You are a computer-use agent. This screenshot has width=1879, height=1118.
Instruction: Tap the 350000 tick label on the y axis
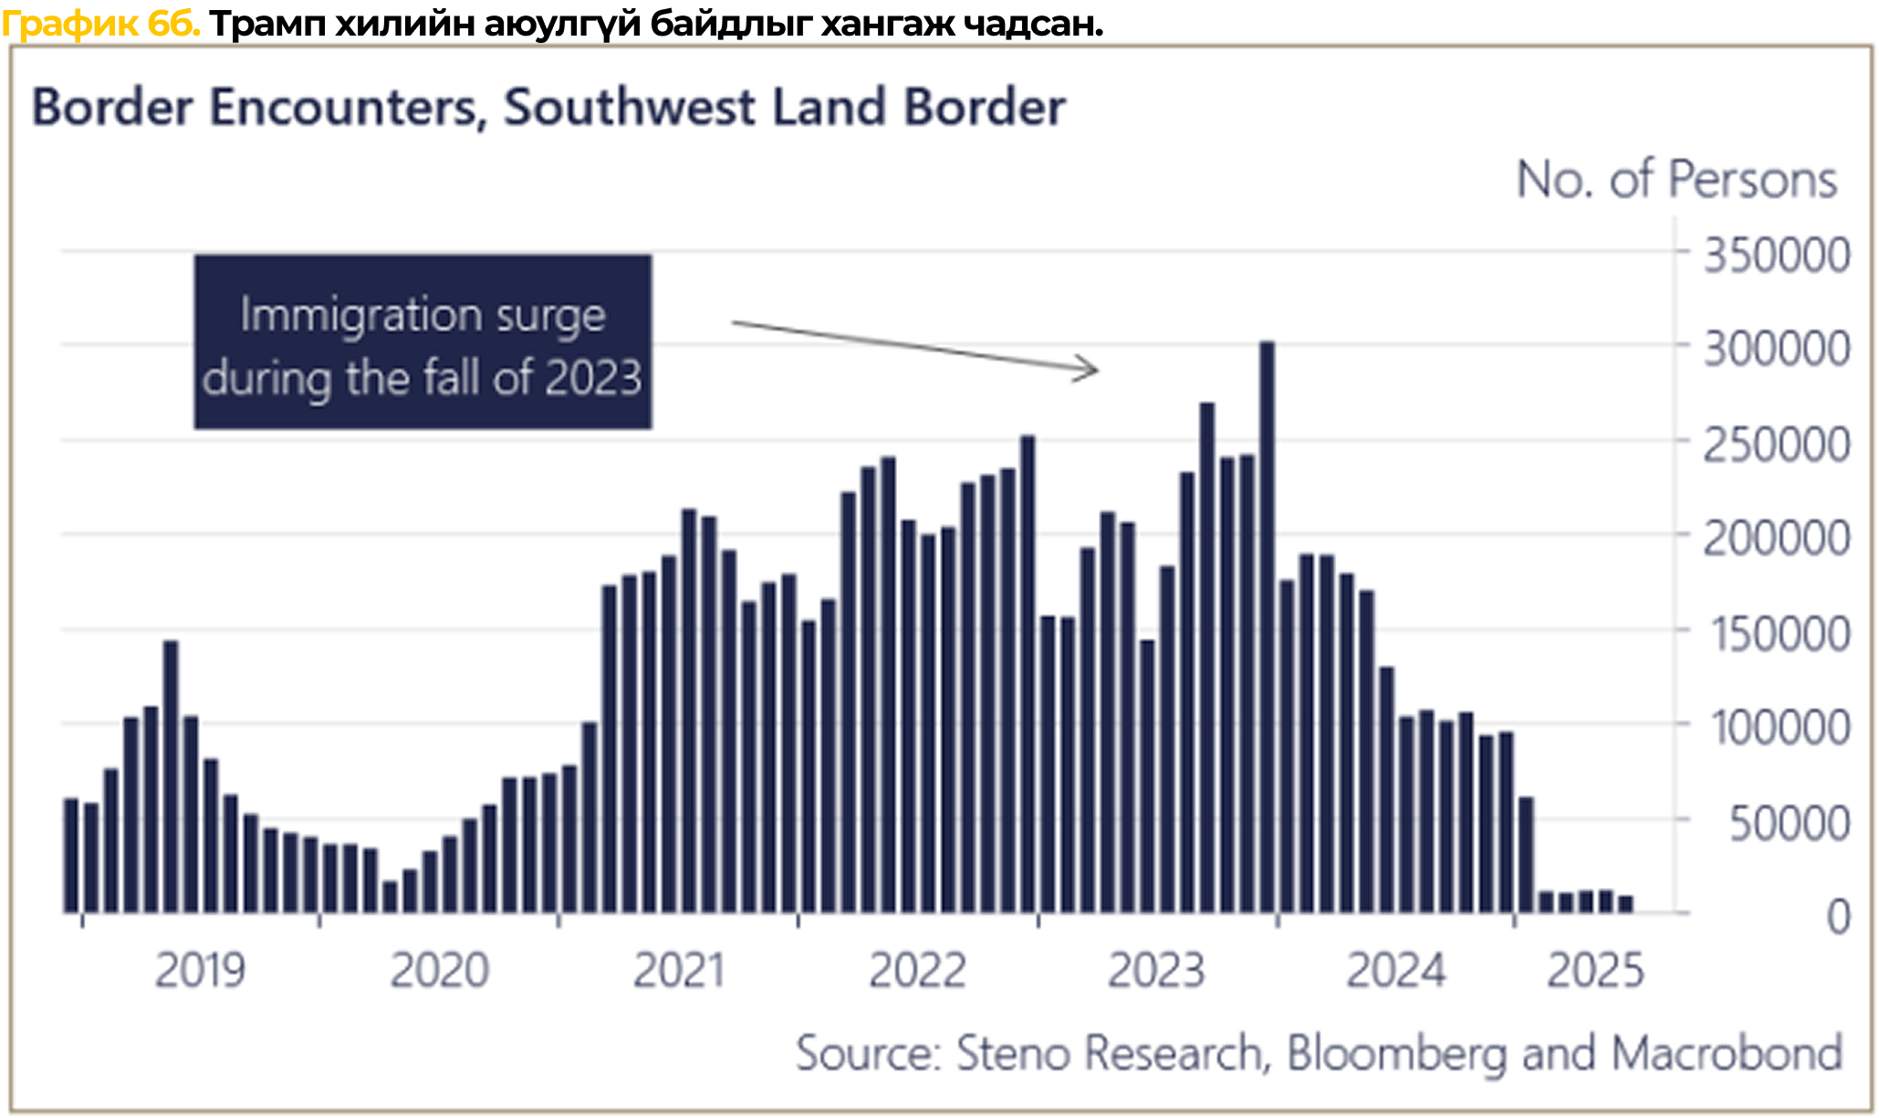pyautogui.click(x=1777, y=256)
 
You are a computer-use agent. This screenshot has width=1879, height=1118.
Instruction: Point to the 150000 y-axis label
pyautogui.click(x=1780, y=634)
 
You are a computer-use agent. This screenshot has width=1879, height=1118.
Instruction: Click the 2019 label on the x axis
pyautogui.click(x=200, y=970)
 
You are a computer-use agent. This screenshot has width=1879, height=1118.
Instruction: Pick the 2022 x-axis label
pyautogui.click(x=917, y=970)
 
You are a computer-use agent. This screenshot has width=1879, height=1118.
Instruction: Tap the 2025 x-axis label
pyautogui.click(x=1595, y=970)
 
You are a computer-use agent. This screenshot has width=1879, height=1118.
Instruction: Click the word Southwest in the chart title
pyautogui.click(x=630, y=107)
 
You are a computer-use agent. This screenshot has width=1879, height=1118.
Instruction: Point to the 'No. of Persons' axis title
pyautogui.click(x=1676, y=179)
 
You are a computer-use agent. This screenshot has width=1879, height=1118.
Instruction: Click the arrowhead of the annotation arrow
pyautogui.click(x=1091, y=369)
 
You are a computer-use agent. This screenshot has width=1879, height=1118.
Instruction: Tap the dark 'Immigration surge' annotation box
pyautogui.click(x=423, y=342)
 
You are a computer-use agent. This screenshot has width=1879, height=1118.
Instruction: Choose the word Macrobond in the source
pyautogui.click(x=1728, y=1053)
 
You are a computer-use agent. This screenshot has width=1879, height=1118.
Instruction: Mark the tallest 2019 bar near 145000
pyautogui.click(x=171, y=776)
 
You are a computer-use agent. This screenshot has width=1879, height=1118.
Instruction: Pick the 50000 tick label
pyautogui.click(x=1790, y=824)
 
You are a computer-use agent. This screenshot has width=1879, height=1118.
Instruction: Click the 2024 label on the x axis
pyautogui.click(x=1396, y=970)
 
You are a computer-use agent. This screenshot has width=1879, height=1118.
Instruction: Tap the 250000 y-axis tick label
pyautogui.click(x=1777, y=445)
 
